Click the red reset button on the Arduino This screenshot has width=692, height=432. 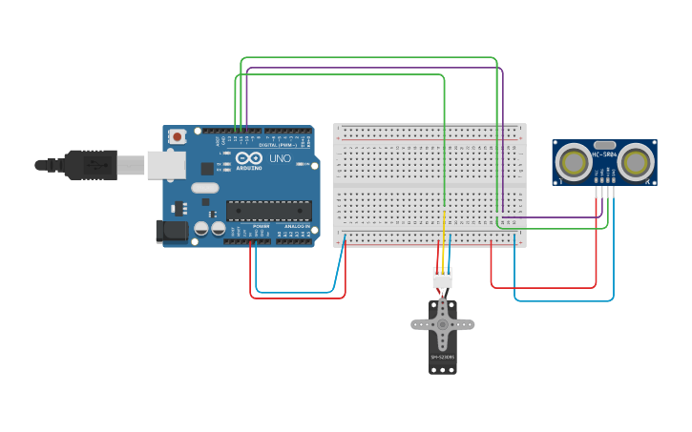click(x=178, y=136)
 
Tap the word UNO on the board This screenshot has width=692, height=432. click(x=281, y=158)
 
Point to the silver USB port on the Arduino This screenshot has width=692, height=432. click(x=165, y=164)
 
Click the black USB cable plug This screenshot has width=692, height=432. click(x=90, y=164)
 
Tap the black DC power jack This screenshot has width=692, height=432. click(x=171, y=230)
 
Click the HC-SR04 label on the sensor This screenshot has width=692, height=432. click(x=604, y=153)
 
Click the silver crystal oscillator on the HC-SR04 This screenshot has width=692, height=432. click(x=604, y=143)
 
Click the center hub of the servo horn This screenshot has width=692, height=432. click(x=443, y=323)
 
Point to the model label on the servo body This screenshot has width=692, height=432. click(x=442, y=358)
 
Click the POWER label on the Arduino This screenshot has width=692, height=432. click(x=261, y=225)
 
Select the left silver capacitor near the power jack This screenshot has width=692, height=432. click(x=202, y=229)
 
